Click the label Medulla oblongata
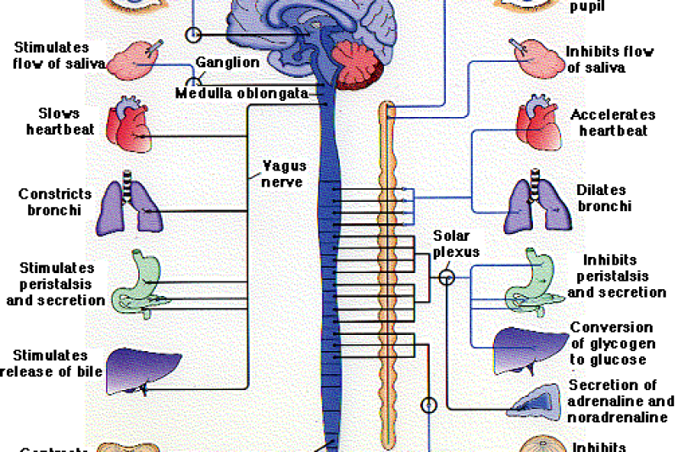point(241,93)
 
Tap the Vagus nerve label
point(285,174)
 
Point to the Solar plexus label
point(456,243)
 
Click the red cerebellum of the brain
point(359,65)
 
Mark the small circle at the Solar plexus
point(447,276)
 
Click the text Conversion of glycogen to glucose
point(611,343)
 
